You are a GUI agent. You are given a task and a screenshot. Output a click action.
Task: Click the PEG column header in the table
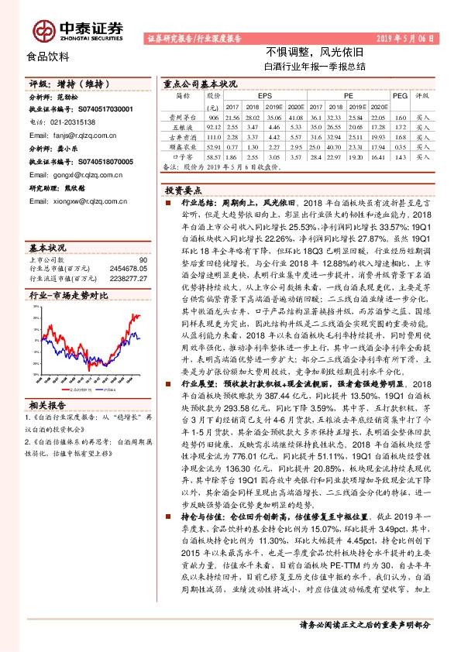click(x=400, y=95)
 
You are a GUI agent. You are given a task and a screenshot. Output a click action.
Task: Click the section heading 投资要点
click(x=184, y=189)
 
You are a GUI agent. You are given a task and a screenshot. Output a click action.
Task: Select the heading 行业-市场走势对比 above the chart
click(x=69, y=295)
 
